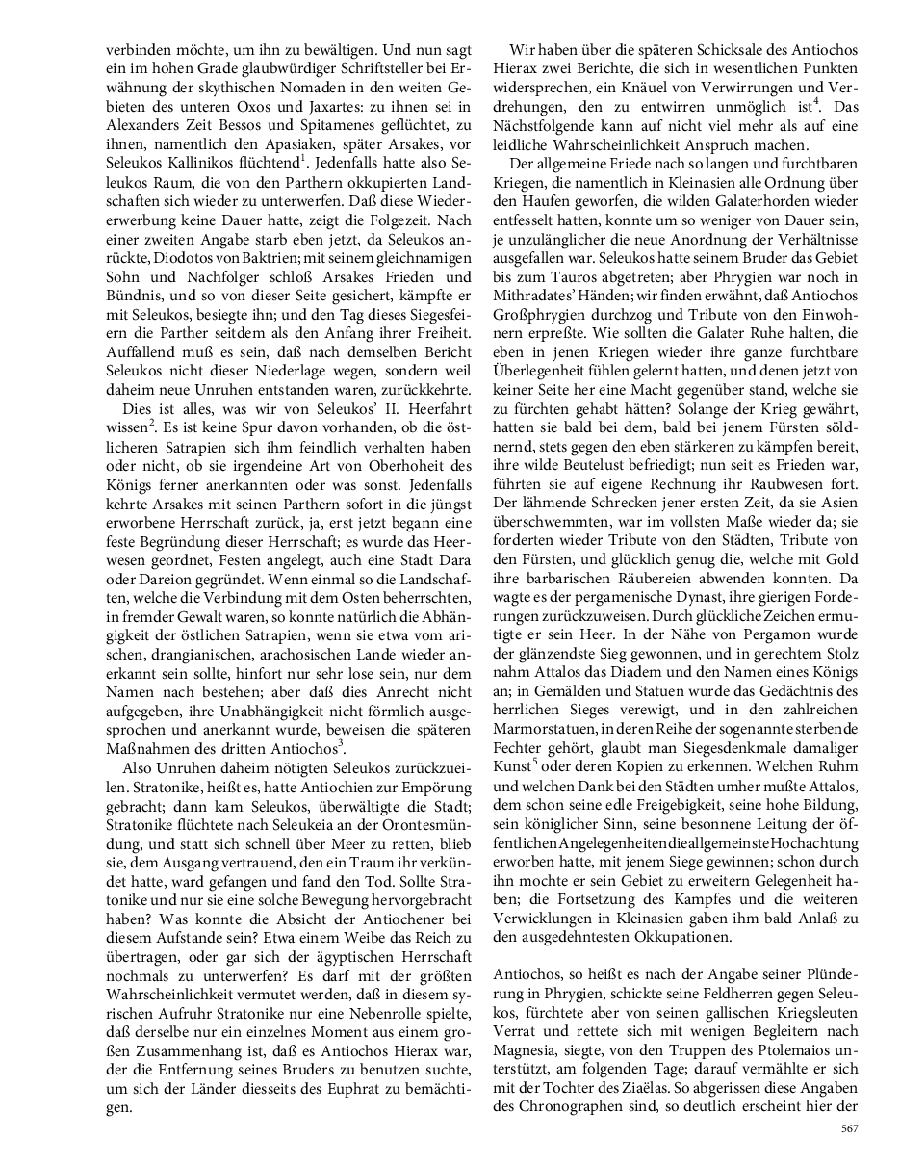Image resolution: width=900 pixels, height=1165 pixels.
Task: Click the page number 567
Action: (848, 1128)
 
